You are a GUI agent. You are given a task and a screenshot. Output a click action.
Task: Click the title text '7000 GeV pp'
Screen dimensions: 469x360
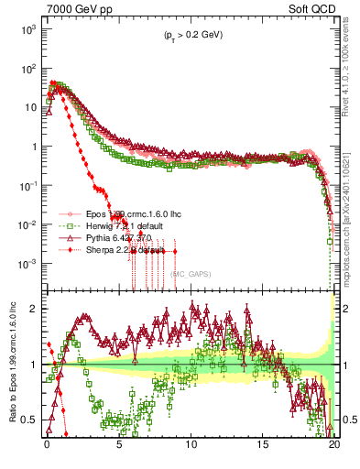click(73, 8)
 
